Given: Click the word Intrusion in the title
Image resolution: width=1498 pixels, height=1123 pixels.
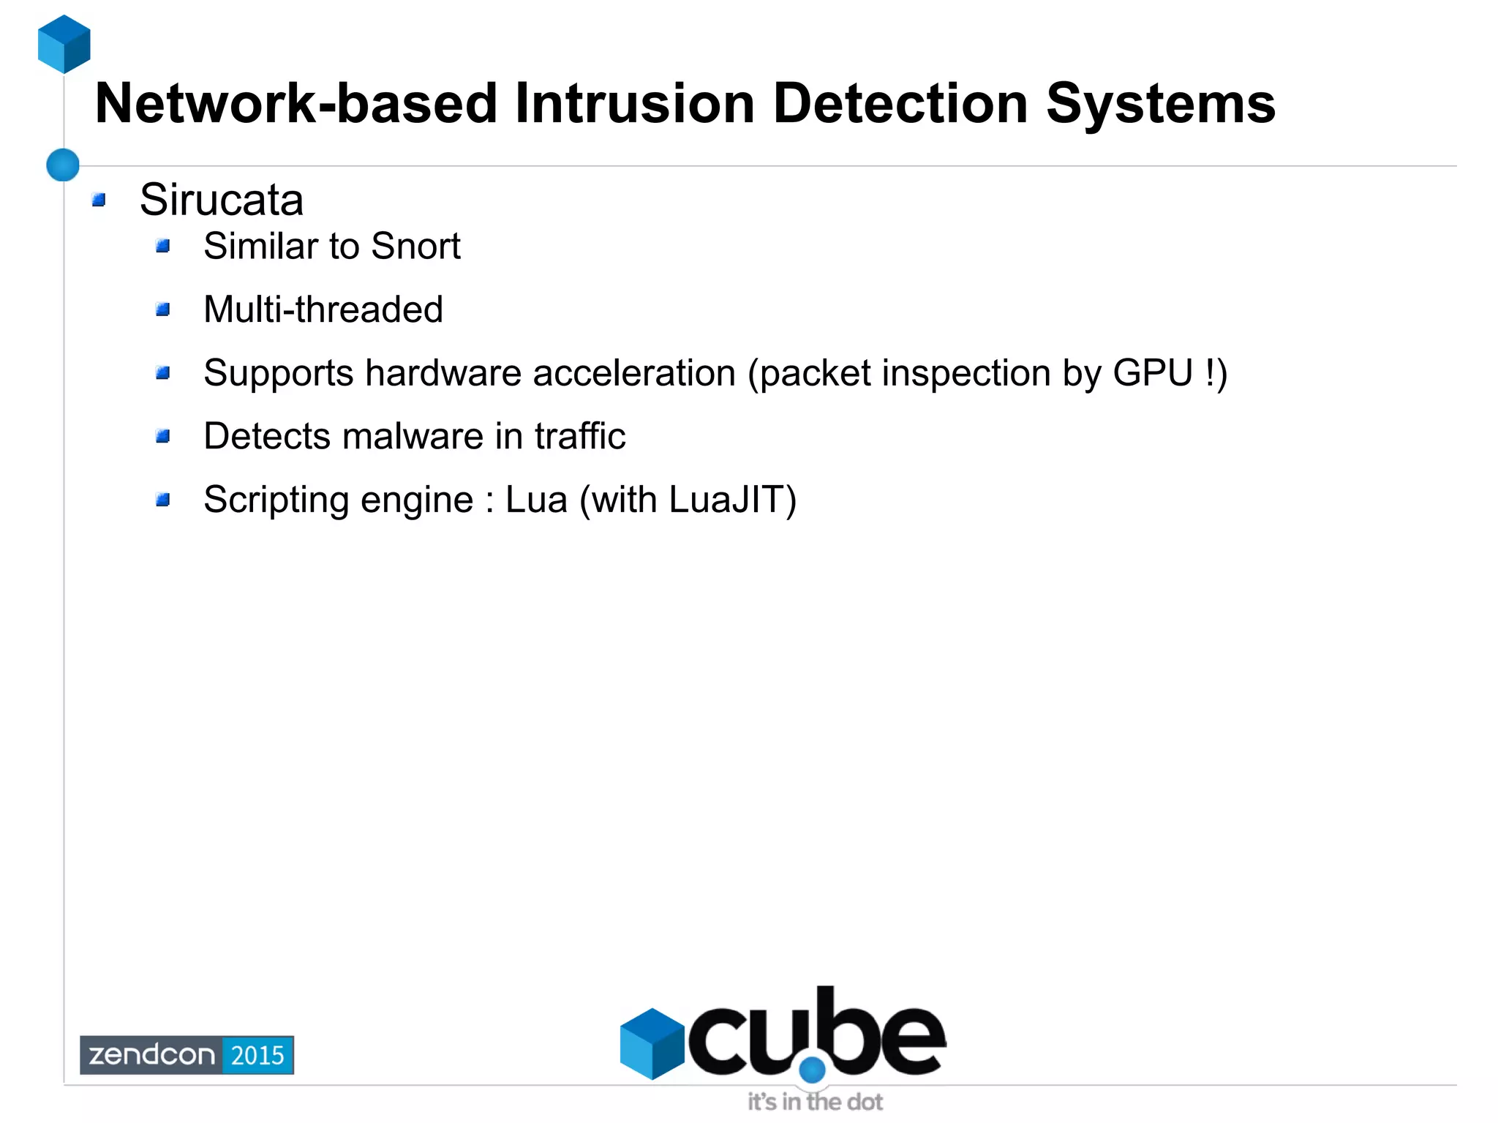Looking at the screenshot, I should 634,104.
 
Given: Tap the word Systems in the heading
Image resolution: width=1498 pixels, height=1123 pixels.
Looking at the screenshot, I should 1161,104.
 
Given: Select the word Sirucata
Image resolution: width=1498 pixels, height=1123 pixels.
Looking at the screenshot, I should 221,200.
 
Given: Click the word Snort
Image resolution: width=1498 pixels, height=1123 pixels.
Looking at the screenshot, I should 415,247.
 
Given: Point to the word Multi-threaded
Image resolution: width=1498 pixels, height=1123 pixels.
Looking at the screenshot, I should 323,309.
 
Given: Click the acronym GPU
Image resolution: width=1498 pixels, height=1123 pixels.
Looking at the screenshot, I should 1153,373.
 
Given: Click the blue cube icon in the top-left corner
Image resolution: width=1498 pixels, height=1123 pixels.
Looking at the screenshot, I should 64,44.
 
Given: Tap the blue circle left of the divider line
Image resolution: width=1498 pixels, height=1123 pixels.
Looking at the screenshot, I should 63,165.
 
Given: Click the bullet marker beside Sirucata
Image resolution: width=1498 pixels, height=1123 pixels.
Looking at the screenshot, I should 99,200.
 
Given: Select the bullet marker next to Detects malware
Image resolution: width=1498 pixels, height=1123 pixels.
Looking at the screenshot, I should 163,437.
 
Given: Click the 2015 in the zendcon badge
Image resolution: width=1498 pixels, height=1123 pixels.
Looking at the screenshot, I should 257,1055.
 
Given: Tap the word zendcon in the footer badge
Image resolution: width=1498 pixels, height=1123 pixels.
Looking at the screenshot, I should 151,1055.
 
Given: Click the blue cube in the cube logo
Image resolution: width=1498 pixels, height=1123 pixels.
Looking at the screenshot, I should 651,1043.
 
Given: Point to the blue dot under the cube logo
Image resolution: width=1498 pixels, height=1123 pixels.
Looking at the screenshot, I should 812,1070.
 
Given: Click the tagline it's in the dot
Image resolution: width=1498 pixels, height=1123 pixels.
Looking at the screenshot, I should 815,1102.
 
